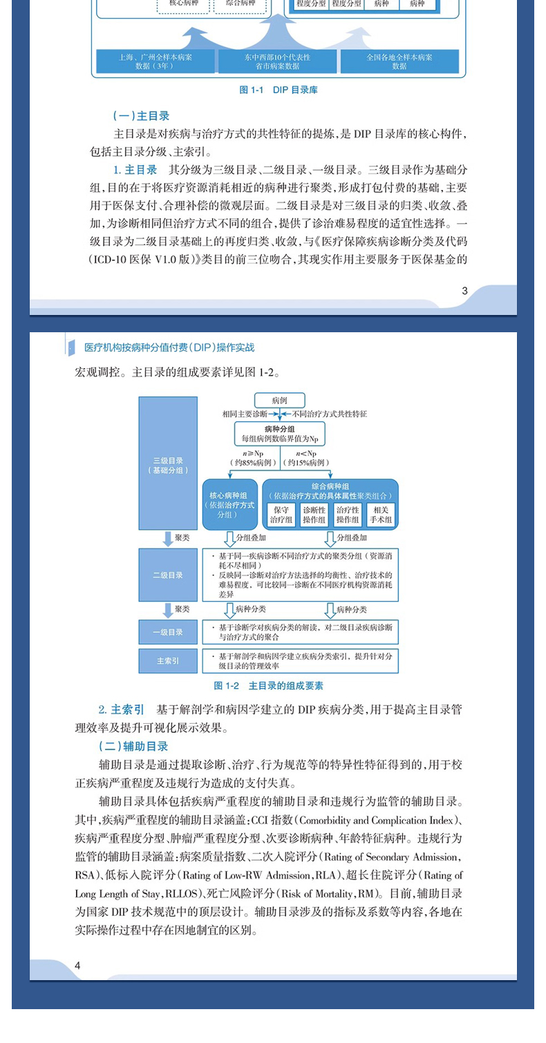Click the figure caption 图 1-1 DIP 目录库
[278, 90]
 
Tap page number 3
[464, 291]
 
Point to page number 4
[78, 965]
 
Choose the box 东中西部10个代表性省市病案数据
[277, 61]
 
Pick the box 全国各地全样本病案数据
[399, 61]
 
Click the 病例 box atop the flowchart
[279, 400]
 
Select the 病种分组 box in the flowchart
[279, 434]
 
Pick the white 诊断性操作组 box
[314, 515]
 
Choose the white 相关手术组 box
[381, 515]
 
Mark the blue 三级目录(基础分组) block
[168, 464]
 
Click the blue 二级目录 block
[168, 575]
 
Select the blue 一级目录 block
[168, 631]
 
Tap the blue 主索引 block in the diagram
[168, 660]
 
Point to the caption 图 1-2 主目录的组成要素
[269, 686]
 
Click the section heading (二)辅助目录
[133, 746]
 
